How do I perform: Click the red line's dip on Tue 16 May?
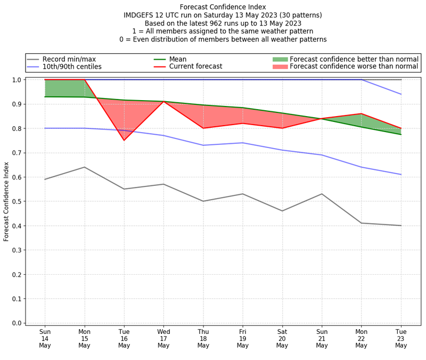(124, 140)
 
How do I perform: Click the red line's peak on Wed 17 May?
(163, 101)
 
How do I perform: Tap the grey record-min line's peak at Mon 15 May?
(85, 167)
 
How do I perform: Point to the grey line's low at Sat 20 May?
(282, 211)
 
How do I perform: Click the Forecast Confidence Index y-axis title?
(6, 201)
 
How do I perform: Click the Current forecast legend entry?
(195, 67)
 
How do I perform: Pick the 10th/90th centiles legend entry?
(72, 67)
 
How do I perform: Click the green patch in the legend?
(280, 59)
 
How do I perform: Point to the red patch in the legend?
(280, 67)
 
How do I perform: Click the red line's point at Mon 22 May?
(361, 113)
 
